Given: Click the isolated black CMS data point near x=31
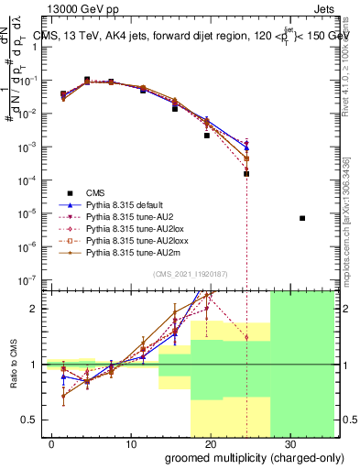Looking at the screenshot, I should tap(302, 218).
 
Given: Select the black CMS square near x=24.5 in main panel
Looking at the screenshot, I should tap(246, 173).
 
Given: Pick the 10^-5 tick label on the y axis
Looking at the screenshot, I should tap(27, 213).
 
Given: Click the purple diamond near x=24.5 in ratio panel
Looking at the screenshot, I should tap(246, 337).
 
